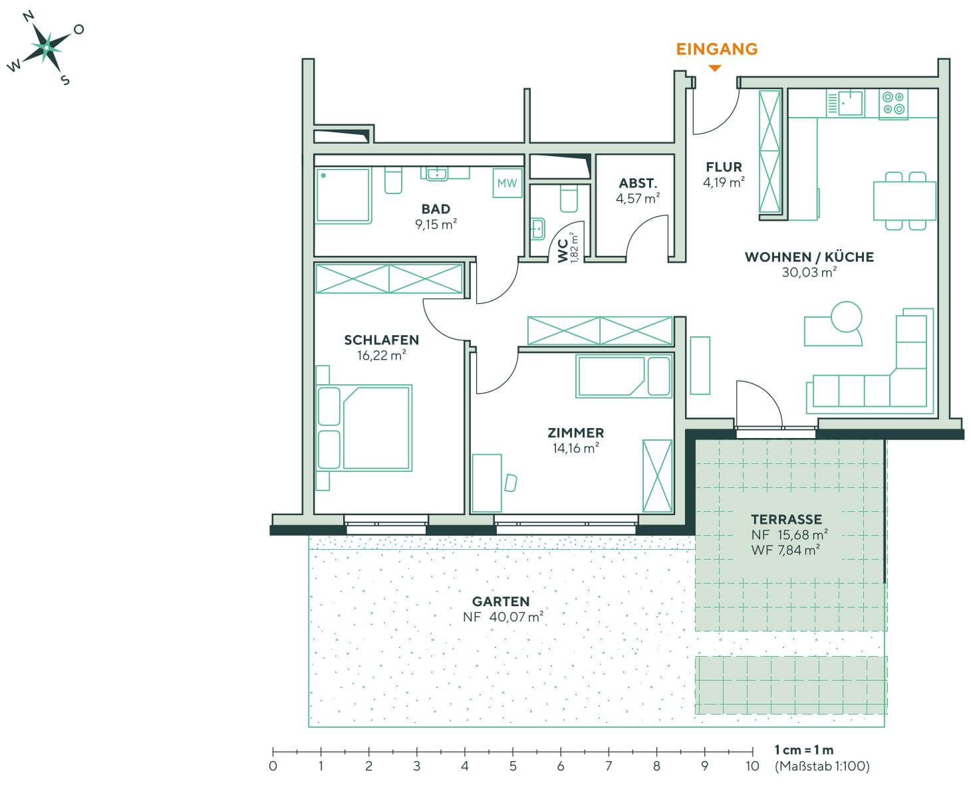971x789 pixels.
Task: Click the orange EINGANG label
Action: click(716, 49)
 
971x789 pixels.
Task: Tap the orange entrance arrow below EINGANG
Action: click(715, 68)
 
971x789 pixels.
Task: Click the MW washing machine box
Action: click(507, 183)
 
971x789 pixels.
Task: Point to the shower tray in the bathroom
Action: click(343, 195)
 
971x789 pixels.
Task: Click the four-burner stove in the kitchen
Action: click(893, 104)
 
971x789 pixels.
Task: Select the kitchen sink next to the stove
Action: click(850, 103)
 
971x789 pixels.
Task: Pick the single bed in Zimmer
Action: click(623, 376)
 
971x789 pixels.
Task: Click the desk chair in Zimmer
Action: click(510, 483)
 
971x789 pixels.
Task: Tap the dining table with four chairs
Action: click(904, 201)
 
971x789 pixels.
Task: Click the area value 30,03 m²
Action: click(809, 273)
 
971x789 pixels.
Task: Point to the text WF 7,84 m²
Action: click(785, 550)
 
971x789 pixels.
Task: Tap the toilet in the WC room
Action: click(569, 199)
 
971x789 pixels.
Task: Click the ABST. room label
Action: click(638, 183)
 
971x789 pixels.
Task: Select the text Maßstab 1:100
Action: click(822, 766)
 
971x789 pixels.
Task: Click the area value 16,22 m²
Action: click(381, 356)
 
